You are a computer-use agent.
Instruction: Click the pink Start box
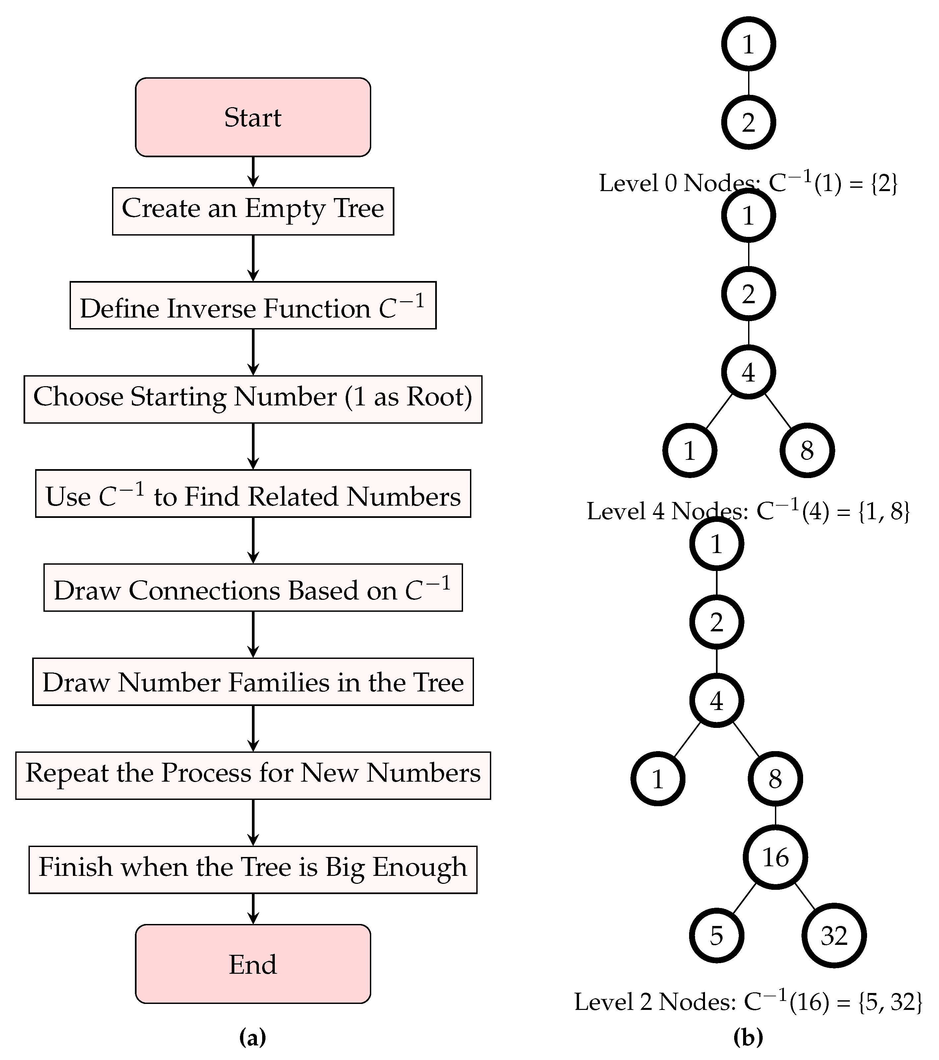[253, 117]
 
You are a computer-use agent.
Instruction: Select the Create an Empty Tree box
[253, 211]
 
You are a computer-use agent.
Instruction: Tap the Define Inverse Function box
[253, 306]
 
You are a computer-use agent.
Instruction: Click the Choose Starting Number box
[253, 399]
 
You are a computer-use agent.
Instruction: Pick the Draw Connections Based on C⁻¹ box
[253, 588]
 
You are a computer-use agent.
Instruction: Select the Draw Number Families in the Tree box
[253, 681]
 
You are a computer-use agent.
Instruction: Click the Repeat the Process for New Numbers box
[253, 775]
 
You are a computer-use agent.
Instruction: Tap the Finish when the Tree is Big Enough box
[253, 870]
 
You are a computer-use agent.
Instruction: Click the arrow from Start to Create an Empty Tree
[253, 172]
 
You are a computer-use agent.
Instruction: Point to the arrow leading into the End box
[253, 909]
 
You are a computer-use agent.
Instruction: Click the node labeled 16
[775, 857]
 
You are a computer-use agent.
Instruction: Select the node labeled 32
[834, 936]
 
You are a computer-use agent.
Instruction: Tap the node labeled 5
[717, 936]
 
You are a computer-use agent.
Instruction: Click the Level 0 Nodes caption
[748, 183]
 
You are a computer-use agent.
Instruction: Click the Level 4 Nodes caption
[748, 511]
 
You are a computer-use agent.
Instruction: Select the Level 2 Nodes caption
[748, 1001]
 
